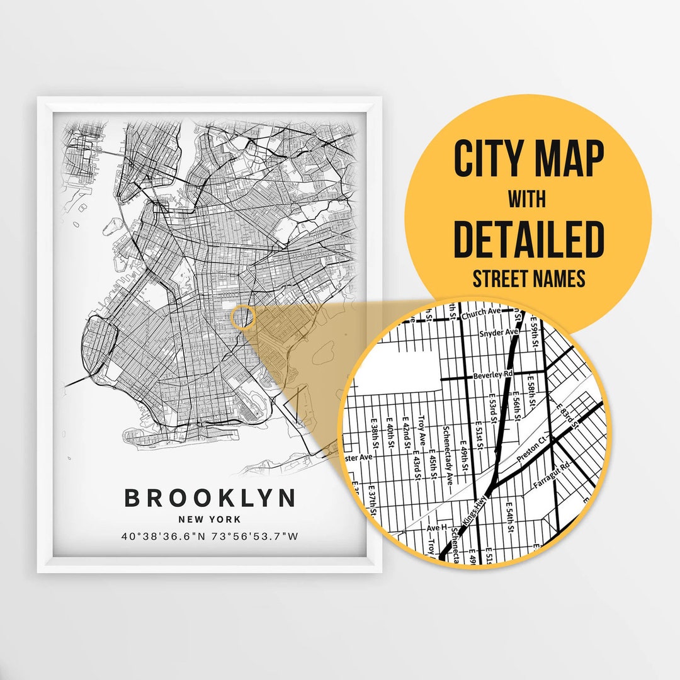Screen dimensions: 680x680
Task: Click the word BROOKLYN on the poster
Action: click(210, 498)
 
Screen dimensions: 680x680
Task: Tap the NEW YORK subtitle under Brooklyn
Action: click(210, 519)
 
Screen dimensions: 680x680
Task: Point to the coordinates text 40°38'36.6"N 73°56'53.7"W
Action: click(210, 537)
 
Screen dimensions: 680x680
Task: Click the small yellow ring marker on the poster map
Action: click(242, 317)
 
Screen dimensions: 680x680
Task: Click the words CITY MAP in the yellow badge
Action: click(528, 159)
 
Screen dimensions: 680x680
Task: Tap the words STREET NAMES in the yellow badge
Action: click(528, 278)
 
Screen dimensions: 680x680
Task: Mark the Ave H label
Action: click(436, 528)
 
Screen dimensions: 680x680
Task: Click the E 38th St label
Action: click(374, 436)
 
